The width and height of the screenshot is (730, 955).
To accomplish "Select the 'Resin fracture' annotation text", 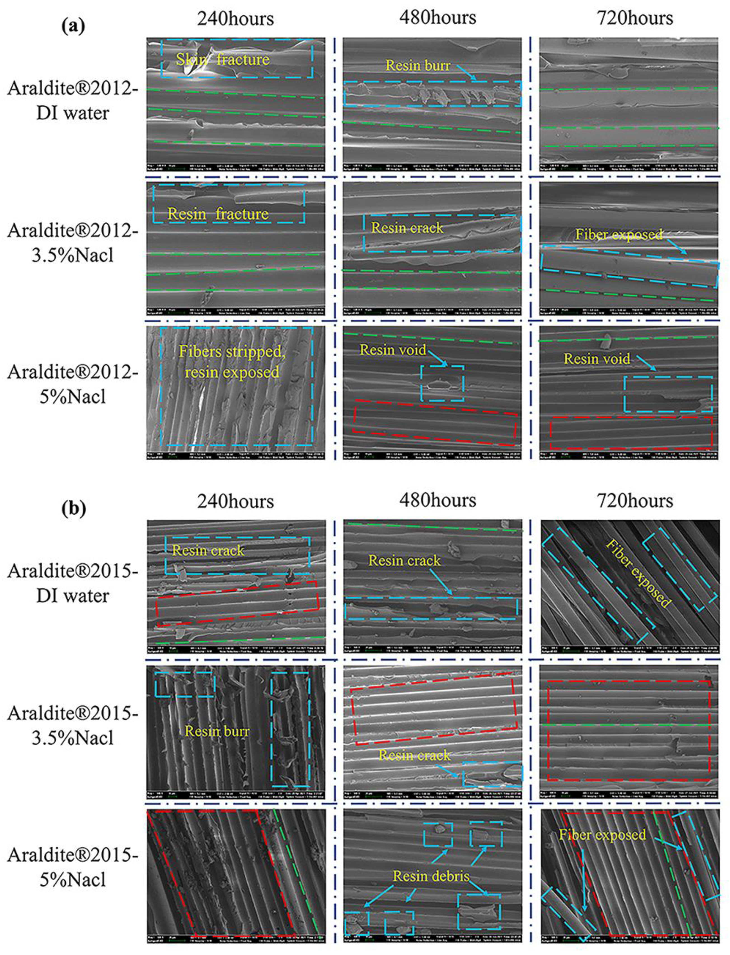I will tap(218, 214).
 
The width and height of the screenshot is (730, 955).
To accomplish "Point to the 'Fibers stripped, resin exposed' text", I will tap(232, 362).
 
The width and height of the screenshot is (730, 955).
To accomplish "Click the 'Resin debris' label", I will tap(431, 876).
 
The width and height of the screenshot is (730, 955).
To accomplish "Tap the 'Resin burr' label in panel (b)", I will tap(217, 731).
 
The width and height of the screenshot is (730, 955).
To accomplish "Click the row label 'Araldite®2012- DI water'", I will tap(72, 100).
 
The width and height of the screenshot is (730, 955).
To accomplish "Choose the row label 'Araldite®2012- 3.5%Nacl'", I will tap(72, 242).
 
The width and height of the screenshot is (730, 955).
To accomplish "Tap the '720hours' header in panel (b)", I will tap(635, 501).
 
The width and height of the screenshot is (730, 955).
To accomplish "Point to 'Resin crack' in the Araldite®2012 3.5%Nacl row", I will tap(407, 228).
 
